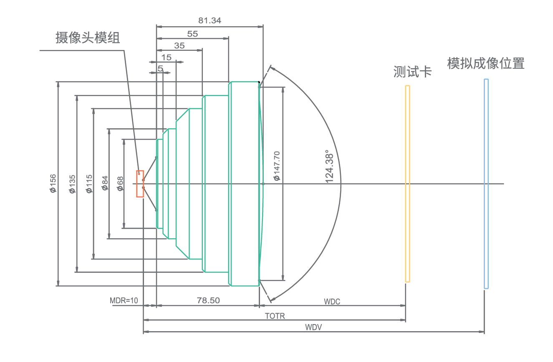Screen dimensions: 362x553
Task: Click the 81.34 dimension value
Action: coord(210,20)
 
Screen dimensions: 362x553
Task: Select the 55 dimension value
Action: coord(192,34)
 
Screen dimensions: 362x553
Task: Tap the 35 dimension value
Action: coord(179,46)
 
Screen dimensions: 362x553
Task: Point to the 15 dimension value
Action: coord(166,57)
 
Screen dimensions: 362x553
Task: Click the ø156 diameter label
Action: coord(53,184)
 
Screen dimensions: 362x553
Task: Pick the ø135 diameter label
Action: coord(72,184)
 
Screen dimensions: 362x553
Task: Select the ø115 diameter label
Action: coord(89,184)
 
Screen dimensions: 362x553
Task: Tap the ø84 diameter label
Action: coord(105,183)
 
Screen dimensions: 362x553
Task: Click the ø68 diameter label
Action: coord(120,183)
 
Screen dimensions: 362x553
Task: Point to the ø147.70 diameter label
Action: coord(276,166)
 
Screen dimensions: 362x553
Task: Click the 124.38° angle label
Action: coord(330,166)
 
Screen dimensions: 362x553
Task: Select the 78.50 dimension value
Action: coord(208,300)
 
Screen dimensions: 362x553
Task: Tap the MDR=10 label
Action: coord(124,300)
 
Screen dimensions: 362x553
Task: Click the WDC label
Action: coord(332,302)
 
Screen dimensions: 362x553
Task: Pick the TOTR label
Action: coord(275,316)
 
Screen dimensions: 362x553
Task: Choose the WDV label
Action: coord(313,327)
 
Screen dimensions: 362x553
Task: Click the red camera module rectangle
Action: coord(140,184)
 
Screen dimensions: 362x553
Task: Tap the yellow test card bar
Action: coord(407,184)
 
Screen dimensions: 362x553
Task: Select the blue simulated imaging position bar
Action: coord(486,184)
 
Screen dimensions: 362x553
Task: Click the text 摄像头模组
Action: coord(88,38)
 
